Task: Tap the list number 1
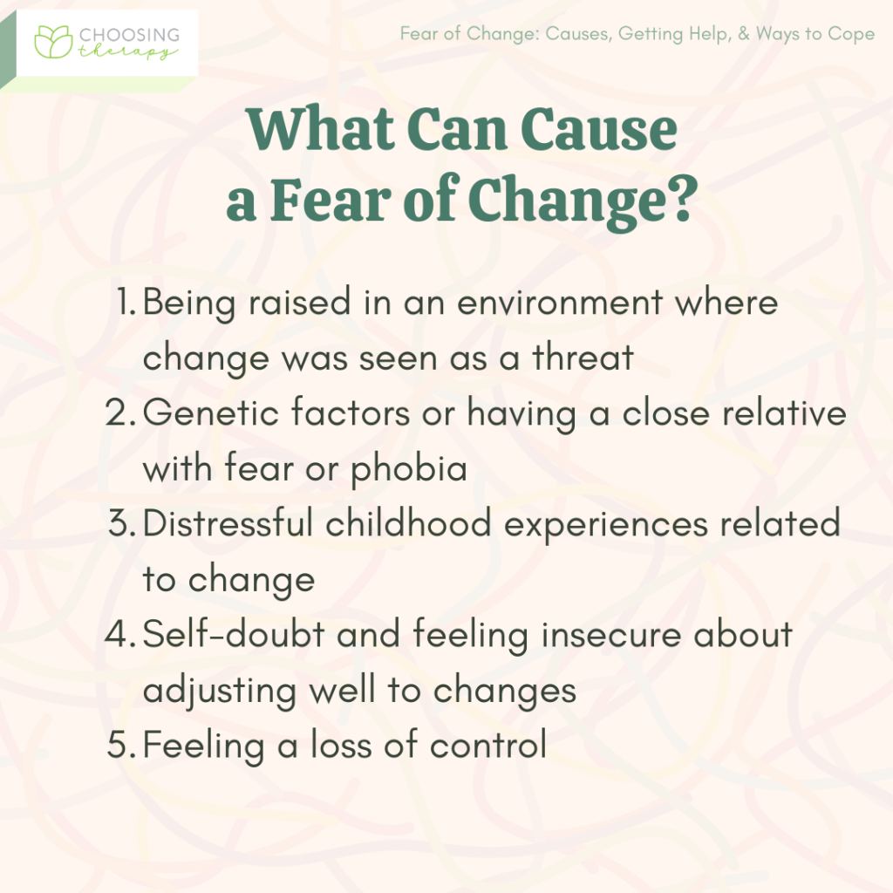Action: [126, 303]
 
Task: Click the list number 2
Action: [119, 413]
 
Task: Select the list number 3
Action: [121, 524]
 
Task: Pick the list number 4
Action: [119, 635]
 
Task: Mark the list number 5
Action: [120, 746]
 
